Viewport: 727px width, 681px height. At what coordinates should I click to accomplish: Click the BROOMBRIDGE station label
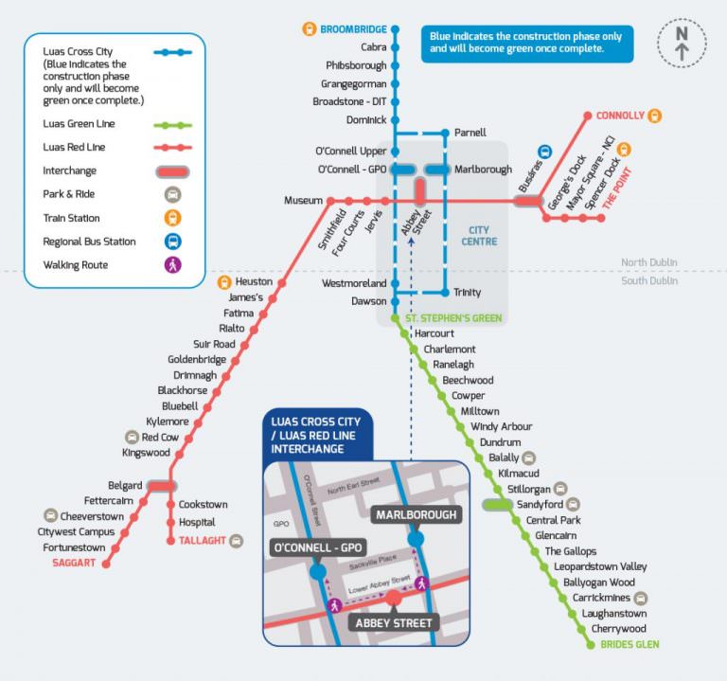point(353,29)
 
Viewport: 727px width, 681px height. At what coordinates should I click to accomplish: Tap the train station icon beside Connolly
point(654,116)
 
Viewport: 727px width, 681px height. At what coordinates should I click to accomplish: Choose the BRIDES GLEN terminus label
point(629,645)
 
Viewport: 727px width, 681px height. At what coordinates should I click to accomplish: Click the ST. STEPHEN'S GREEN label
point(452,318)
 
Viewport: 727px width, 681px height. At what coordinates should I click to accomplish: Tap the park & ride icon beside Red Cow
point(132,437)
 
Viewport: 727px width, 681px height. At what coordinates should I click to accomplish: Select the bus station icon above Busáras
point(545,152)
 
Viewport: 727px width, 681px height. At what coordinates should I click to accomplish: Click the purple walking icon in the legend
point(172,265)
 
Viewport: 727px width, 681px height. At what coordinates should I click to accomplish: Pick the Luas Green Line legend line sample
point(172,125)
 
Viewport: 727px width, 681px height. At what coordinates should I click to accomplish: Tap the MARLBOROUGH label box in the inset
point(417,515)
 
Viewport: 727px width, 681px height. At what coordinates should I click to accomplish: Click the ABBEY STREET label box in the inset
point(394,622)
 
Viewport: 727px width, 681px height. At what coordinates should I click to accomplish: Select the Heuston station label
point(254,281)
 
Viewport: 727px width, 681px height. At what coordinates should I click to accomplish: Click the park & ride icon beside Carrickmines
point(642,598)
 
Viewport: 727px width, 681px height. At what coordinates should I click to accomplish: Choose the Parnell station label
point(470,132)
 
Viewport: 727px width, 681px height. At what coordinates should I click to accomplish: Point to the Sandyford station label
point(539,505)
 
